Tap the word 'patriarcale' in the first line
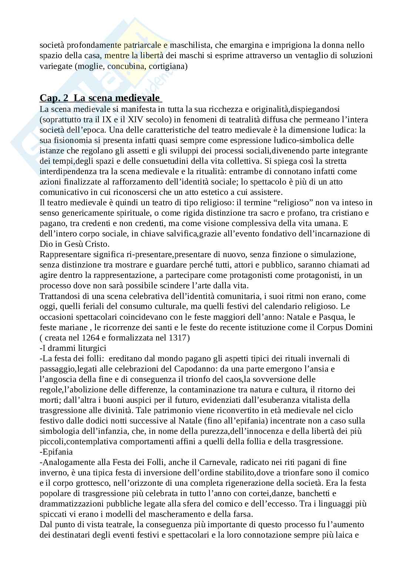[x=141, y=45]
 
